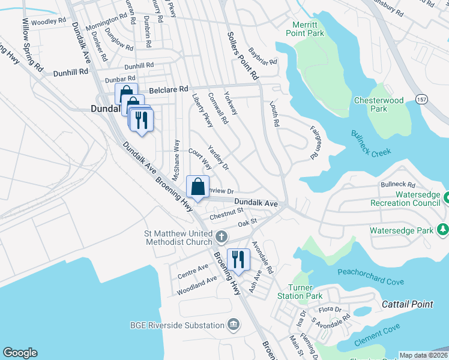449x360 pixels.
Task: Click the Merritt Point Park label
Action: pos(309,29)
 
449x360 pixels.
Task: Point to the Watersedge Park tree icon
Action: pos(442,230)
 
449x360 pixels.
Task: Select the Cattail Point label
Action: pos(408,304)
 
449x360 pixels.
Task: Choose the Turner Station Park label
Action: pos(300,292)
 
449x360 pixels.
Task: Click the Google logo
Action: pos(20,353)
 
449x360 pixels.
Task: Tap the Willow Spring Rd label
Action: pos(34,44)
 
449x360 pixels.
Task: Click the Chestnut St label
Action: pos(226,211)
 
